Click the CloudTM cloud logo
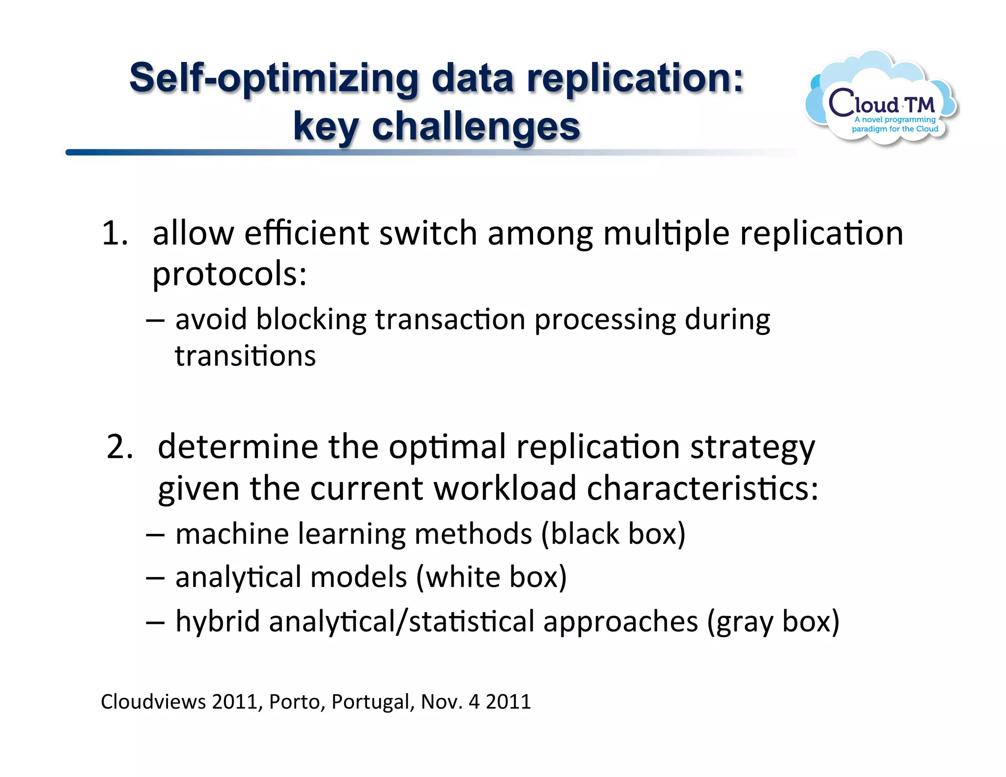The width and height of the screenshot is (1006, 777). [x=881, y=98]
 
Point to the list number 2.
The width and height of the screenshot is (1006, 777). [x=119, y=447]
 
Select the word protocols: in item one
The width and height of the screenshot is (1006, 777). [x=229, y=274]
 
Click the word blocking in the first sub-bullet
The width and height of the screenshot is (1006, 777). [x=311, y=320]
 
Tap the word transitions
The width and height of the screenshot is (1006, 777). [x=245, y=356]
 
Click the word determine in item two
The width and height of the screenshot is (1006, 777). [x=238, y=447]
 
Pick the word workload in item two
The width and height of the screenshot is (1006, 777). [x=505, y=489]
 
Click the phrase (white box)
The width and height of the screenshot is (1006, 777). [x=491, y=577]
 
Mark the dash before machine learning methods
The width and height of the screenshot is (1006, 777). [x=155, y=535]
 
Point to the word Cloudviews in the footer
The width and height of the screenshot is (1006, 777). [x=153, y=702]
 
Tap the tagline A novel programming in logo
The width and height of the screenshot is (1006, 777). [x=894, y=119]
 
